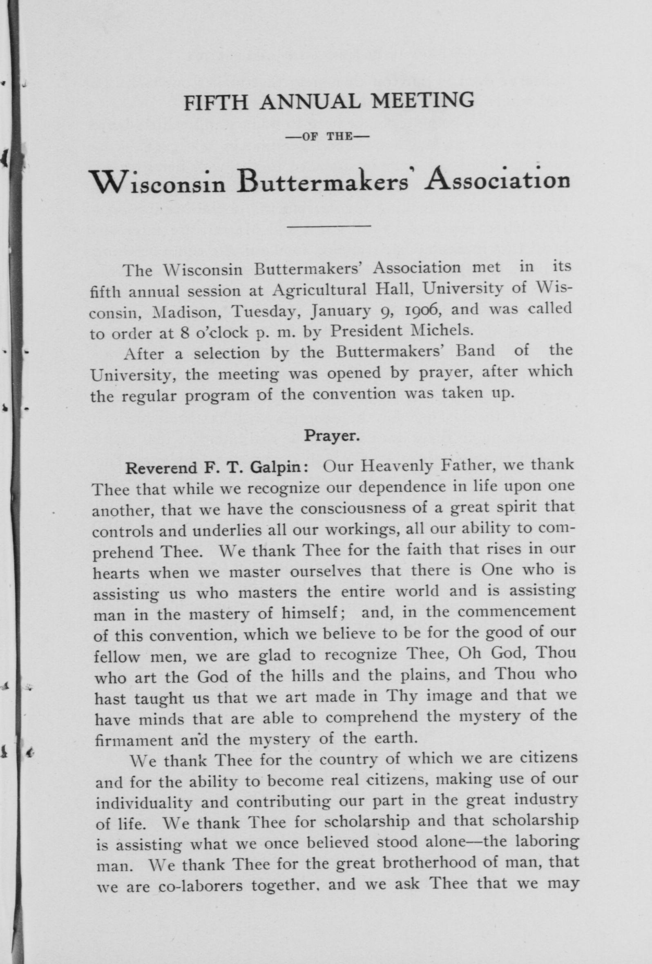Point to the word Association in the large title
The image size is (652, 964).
[496, 181]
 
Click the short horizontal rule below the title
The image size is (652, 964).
[329, 226]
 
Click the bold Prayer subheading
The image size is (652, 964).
[332, 436]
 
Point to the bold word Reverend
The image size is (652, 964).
[161, 468]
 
